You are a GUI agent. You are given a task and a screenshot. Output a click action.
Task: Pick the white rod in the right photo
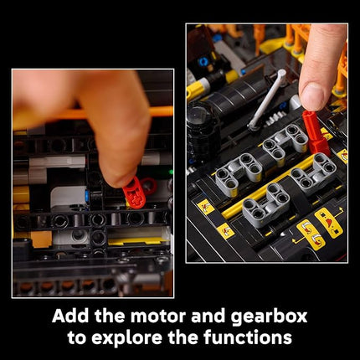tap(266, 99)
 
